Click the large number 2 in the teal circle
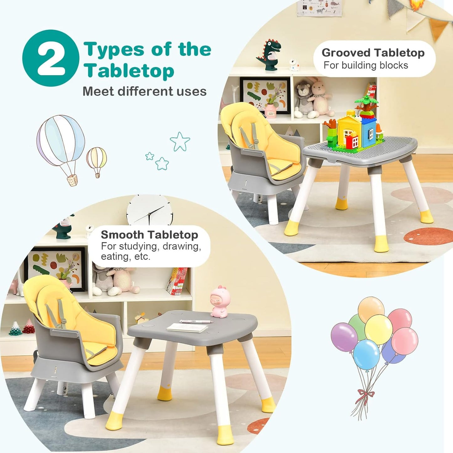pos(51,58)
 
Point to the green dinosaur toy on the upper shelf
pos(269,55)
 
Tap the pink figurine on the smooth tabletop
pos(220,301)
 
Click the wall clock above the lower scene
pos(150,210)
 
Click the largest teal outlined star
pos(180,141)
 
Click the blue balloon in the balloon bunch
pos(366,355)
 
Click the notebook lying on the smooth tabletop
pos(187,328)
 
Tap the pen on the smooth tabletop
pos(196,321)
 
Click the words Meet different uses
pos(145,92)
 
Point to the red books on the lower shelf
pos(177,281)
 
